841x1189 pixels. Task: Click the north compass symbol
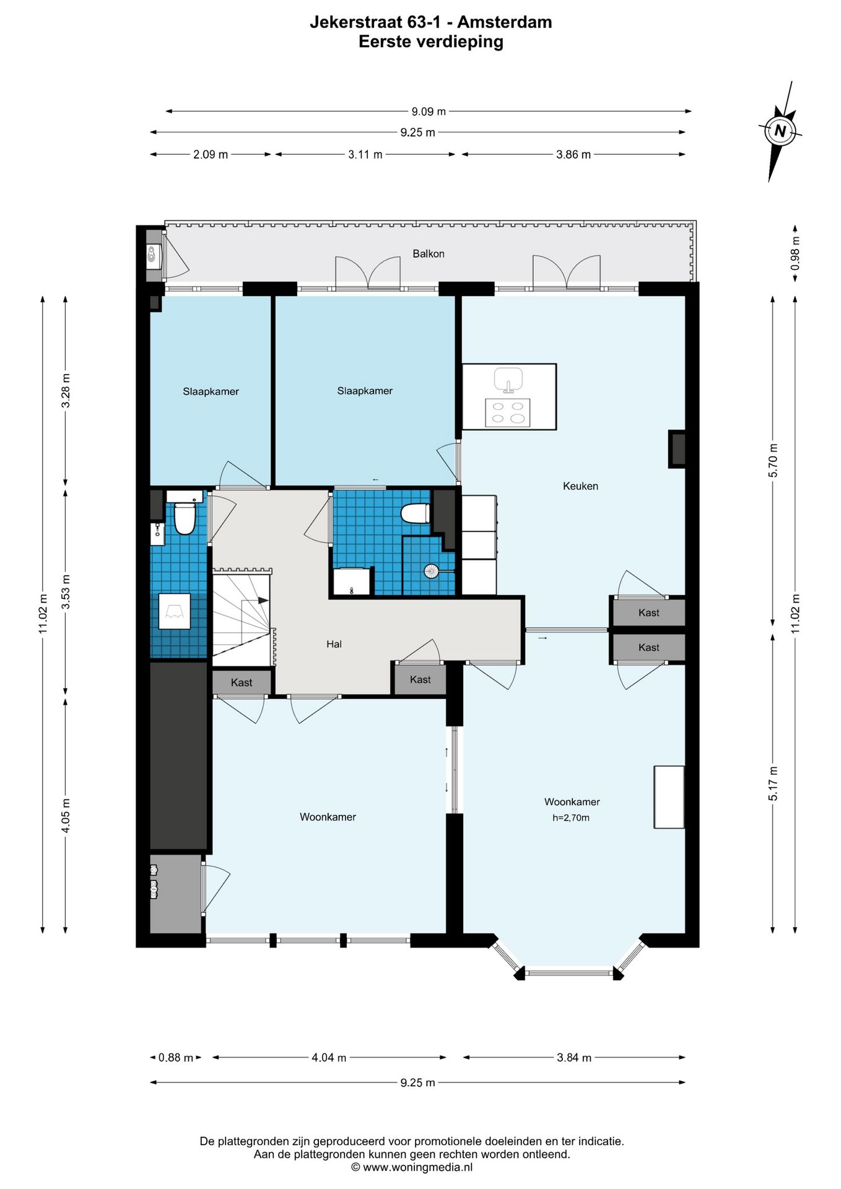pos(780,131)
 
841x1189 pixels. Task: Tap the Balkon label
pos(429,253)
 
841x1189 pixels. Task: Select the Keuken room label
pos(580,486)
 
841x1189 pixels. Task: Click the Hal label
pos(334,644)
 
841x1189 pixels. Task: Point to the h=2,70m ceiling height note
pos(571,817)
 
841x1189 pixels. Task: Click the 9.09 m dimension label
pos(429,111)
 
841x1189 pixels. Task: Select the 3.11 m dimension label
pos(365,154)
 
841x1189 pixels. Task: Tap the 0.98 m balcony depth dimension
pos(795,253)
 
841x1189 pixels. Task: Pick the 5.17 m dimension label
pos(773,783)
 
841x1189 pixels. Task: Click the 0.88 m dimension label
pos(176,1058)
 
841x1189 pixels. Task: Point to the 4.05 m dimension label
pos(65,816)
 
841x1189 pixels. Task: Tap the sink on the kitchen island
pos(508,380)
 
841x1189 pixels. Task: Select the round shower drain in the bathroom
pos(432,571)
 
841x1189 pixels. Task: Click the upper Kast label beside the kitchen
pos(649,612)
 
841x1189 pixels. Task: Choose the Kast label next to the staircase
pos(242,682)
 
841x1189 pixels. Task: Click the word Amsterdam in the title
pos(504,22)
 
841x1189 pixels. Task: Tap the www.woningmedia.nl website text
pos(417,1167)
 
